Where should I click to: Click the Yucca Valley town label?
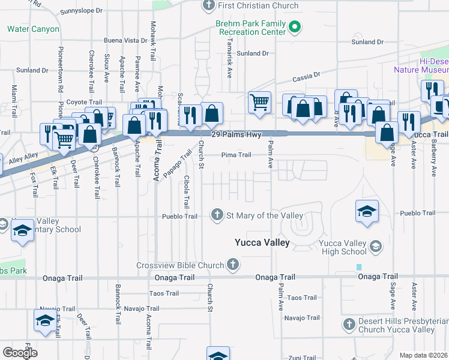[x=262, y=243]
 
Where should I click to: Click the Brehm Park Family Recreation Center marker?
[x=295, y=27]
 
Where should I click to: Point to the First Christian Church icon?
[x=209, y=6]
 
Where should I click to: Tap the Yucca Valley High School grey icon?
[x=375, y=245]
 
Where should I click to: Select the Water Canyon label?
[x=33, y=29]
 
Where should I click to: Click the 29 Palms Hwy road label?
[x=237, y=135]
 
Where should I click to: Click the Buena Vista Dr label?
[x=125, y=40]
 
